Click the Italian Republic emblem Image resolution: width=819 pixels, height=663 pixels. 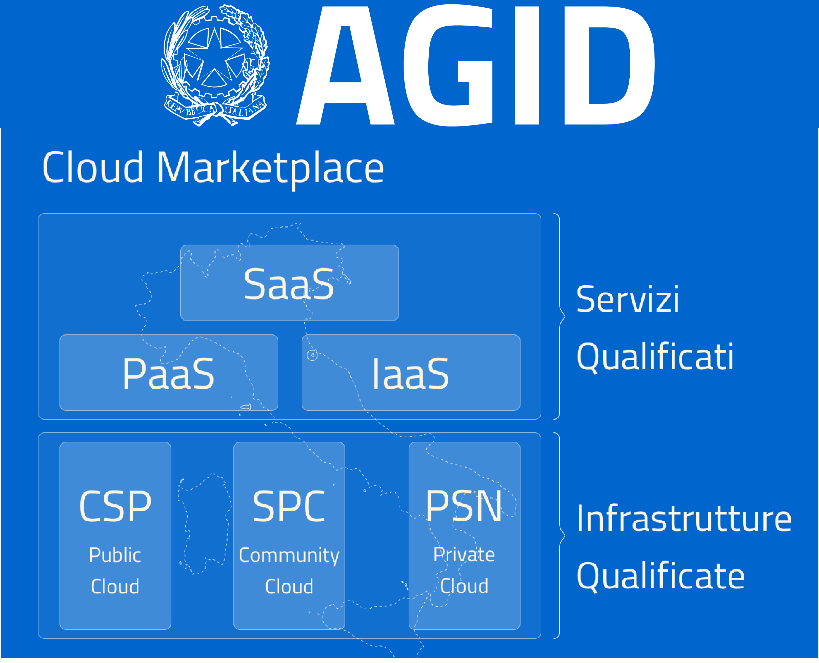pos(215,65)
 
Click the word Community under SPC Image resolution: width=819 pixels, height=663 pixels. pos(289,556)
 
